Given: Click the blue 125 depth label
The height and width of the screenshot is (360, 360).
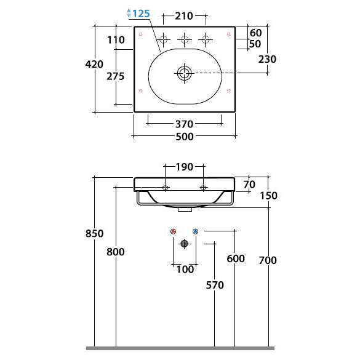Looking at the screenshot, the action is (141, 14).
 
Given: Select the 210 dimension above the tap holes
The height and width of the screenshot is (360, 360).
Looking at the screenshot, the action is (184, 16).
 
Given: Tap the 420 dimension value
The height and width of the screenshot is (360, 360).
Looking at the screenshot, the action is (94, 64).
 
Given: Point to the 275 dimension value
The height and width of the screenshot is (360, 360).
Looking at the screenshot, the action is (115, 76).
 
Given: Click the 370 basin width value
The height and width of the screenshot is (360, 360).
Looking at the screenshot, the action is (185, 124).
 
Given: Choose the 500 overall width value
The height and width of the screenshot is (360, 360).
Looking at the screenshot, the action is (185, 137).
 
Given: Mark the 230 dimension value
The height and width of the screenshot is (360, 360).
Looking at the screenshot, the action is (267, 59).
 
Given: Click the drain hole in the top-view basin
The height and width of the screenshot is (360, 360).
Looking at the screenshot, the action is (184, 73).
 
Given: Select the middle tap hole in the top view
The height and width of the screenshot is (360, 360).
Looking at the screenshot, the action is (185, 39).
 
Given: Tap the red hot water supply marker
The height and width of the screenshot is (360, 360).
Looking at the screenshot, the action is (174, 231).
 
